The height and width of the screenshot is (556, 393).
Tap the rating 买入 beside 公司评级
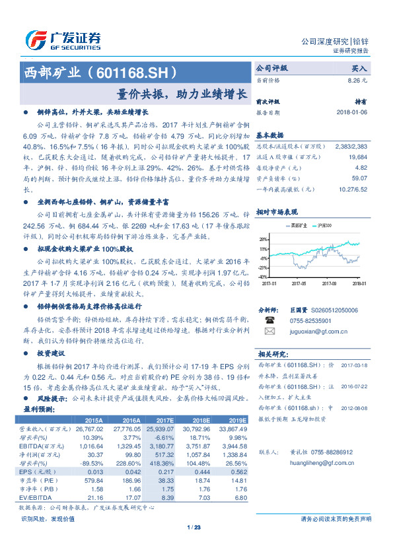tap(359, 68)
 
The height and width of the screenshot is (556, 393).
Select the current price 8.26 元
tap(357, 80)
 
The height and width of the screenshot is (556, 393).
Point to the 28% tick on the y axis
tap(262, 239)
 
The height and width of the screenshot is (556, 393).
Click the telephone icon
tap(269, 320)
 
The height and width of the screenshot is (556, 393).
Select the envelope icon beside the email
tap(269, 331)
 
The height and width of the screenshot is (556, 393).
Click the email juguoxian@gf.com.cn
tap(314, 331)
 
